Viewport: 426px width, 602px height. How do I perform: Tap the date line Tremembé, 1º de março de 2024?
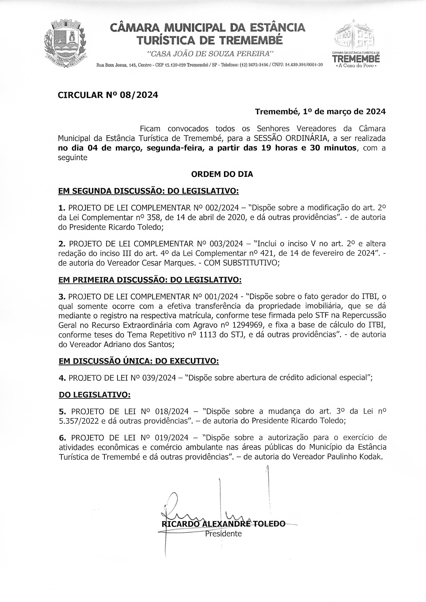point(320,112)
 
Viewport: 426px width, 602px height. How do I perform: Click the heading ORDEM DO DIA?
point(222,174)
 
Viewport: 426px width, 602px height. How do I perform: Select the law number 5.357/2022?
point(79,421)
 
